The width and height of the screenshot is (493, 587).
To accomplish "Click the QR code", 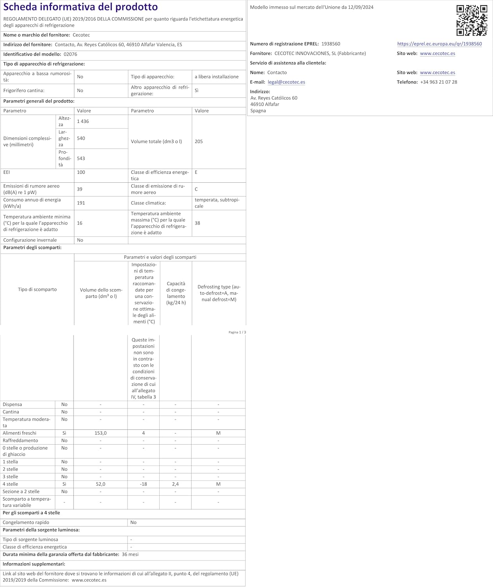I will (471, 20).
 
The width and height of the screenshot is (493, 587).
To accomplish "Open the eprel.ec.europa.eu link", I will (439, 44).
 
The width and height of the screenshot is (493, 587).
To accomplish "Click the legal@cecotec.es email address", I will (286, 82).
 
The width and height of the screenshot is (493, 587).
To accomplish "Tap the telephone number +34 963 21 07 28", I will (439, 82).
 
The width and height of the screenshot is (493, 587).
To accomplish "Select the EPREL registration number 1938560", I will (331, 44).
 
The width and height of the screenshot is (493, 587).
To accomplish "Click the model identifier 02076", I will (70, 54).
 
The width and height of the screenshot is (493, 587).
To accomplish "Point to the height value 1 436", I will (83, 121).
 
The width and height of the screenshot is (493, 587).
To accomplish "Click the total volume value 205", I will (199, 142).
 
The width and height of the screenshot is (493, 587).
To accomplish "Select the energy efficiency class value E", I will (196, 172).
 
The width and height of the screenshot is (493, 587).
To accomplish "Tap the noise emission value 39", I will (80, 189).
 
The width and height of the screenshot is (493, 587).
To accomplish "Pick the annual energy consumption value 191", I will (81, 203).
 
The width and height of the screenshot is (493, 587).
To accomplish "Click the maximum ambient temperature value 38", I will (198, 223).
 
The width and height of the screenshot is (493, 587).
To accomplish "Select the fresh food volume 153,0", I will (101, 433).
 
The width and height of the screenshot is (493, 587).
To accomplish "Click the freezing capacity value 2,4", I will (175, 484).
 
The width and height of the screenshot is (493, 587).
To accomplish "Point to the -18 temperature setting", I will (143, 484).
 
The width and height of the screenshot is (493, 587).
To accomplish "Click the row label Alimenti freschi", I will (20, 433).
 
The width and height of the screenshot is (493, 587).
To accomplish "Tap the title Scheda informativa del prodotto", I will (81, 7).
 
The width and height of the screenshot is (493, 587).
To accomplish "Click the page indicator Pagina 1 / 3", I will (238, 332).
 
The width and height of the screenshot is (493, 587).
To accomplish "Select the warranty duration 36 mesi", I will (130, 555).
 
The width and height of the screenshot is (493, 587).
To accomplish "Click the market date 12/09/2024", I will (361, 7).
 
